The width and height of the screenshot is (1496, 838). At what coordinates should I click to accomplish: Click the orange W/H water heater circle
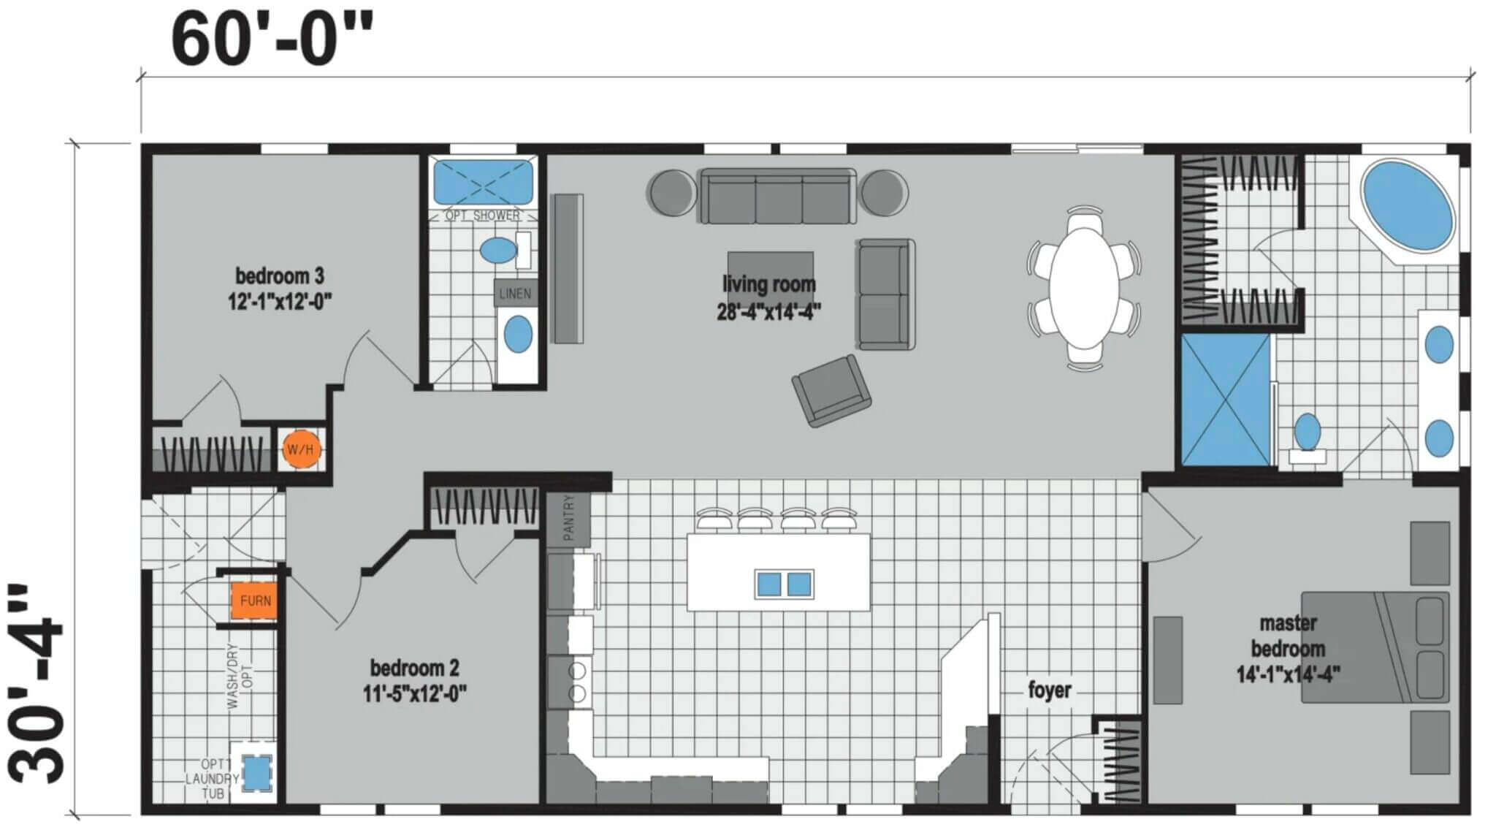click(300, 449)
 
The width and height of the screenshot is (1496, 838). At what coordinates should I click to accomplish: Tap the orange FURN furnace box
click(255, 601)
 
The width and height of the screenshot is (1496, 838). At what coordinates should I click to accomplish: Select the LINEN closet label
click(515, 294)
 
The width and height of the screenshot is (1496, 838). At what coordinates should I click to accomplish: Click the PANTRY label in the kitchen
click(569, 518)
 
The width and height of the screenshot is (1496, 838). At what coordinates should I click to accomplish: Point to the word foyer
click(1050, 689)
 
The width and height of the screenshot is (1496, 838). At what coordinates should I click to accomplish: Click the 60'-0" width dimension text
click(272, 39)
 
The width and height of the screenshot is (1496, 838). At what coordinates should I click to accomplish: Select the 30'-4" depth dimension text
click(37, 682)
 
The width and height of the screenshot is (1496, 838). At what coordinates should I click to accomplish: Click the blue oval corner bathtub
click(1407, 205)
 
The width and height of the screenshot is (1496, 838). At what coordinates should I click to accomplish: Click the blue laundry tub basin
click(256, 772)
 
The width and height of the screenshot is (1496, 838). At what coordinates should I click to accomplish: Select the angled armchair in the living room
click(831, 391)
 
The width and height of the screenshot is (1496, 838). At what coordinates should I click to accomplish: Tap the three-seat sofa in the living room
click(778, 196)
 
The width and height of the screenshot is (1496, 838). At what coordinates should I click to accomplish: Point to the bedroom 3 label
click(280, 275)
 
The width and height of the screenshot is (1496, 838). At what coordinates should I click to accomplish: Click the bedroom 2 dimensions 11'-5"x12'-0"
click(415, 693)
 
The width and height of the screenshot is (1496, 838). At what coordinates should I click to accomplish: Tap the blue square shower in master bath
click(1225, 400)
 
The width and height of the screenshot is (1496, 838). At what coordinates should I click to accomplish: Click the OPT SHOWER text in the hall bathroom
click(482, 216)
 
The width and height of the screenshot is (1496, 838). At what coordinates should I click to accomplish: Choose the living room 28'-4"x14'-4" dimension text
click(769, 312)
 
